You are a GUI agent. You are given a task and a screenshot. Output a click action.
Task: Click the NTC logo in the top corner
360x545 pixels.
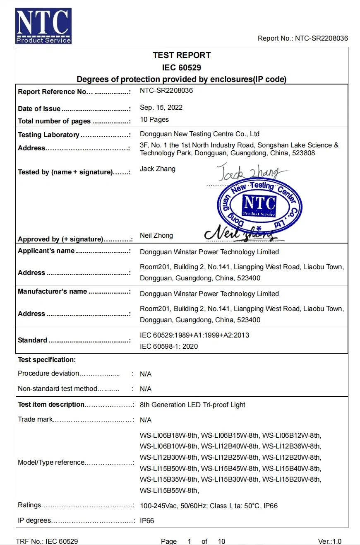tap(43, 26)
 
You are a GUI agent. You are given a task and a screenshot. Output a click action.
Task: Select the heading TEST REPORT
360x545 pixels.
tap(182, 55)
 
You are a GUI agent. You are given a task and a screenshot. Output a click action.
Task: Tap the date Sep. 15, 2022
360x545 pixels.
tap(161, 108)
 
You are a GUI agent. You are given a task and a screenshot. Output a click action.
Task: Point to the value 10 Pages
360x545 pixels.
tap(154, 120)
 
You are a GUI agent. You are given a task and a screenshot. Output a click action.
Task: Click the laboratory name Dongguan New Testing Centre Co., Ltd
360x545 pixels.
tap(199, 134)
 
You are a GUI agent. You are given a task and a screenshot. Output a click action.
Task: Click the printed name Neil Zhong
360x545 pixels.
tap(156, 236)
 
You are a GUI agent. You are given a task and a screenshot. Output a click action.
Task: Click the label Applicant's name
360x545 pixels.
tap(46, 251)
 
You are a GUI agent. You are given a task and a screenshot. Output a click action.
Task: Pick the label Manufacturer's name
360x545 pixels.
tap(52, 292)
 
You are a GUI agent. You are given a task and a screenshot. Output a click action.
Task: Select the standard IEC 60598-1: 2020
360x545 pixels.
tap(169, 347)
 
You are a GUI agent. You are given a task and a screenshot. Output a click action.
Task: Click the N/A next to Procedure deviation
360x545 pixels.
tap(146, 374)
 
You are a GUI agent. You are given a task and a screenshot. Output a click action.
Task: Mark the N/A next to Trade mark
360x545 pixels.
tap(146, 420)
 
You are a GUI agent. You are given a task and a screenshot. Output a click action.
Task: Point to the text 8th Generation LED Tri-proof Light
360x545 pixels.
tap(192, 405)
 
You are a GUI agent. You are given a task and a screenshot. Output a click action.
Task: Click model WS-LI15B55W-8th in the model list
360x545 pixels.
tap(169, 491)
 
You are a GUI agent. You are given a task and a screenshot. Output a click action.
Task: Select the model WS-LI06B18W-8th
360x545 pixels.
tap(169, 435)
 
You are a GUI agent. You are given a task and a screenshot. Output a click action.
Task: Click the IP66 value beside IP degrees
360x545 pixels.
tap(147, 521)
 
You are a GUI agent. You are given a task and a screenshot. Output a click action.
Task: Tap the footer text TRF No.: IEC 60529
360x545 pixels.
tap(47, 541)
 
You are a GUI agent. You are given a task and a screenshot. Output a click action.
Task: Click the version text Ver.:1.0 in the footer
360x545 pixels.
tap(330, 541)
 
